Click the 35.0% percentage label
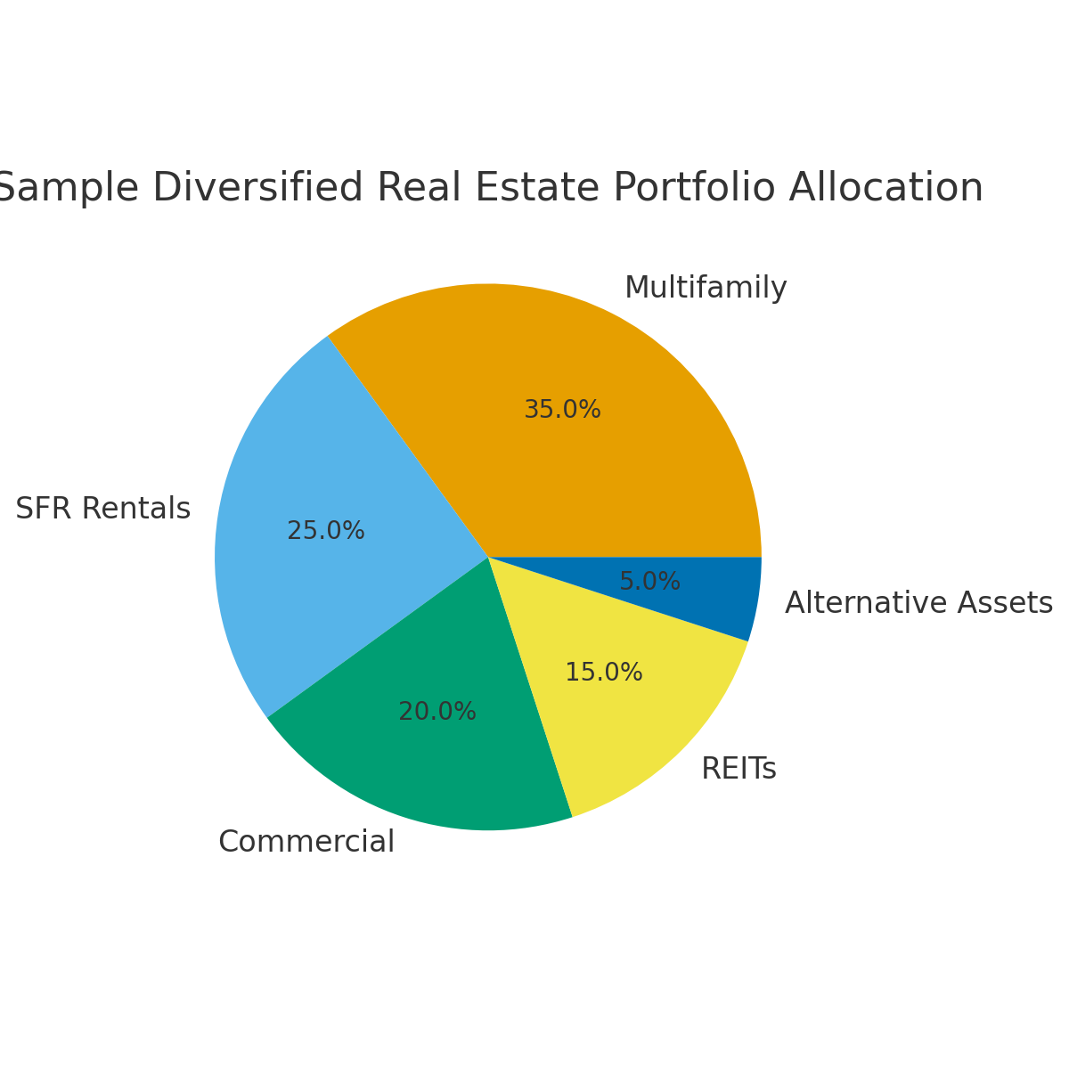click(562, 410)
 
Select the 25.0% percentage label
click(326, 531)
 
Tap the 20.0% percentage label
click(437, 712)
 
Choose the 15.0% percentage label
click(604, 673)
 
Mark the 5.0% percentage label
click(649, 582)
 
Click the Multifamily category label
click(706, 288)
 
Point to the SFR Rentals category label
click(103, 509)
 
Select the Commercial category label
click(306, 841)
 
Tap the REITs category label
click(739, 769)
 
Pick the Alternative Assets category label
click(918, 603)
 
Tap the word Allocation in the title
click(885, 189)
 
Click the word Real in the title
click(420, 189)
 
